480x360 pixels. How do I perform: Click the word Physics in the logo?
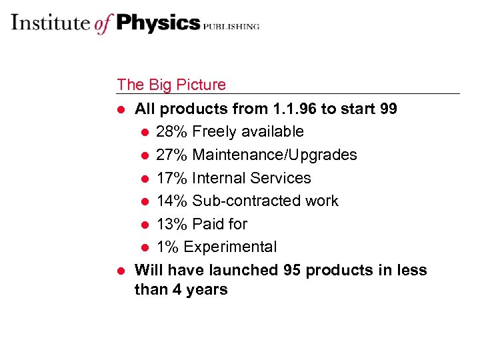(x=158, y=23)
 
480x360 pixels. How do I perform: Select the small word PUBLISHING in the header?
(x=231, y=27)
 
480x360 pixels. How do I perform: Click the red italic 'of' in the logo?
(x=103, y=24)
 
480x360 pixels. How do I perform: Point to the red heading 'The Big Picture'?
(x=171, y=85)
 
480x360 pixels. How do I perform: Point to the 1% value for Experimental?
(x=168, y=247)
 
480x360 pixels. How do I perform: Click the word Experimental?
(x=230, y=247)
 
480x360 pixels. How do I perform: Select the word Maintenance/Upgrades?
(x=275, y=155)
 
